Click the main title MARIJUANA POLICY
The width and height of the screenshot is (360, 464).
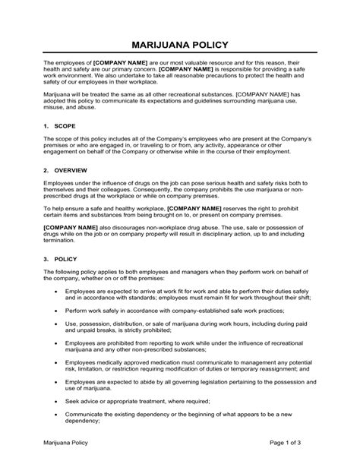pos(179,45)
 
